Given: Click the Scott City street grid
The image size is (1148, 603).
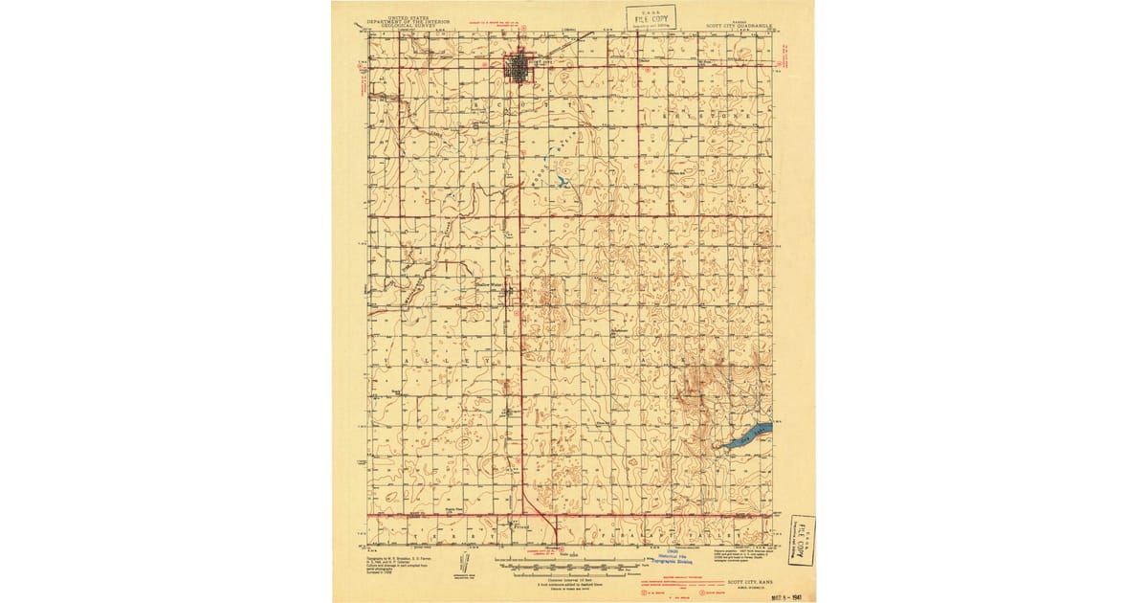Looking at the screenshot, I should click(x=519, y=68).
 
